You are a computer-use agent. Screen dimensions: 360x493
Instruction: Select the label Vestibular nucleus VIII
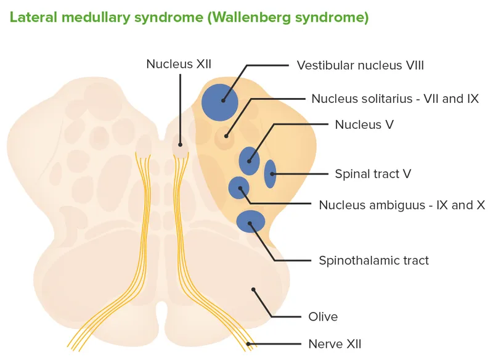click(x=360, y=65)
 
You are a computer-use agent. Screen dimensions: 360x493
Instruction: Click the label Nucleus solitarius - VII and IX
click(x=394, y=99)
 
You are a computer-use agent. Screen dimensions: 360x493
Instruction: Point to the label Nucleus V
click(x=364, y=125)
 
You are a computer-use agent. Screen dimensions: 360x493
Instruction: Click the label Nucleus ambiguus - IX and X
click(x=401, y=205)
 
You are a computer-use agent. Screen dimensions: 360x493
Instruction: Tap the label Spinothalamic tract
click(x=373, y=260)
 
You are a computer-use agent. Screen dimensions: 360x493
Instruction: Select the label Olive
click(x=323, y=317)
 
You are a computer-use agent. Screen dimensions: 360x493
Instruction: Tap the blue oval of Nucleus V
click(x=250, y=161)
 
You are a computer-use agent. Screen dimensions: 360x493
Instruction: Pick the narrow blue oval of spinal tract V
click(x=270, y=174)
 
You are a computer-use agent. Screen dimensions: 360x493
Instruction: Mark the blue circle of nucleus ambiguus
click(x=238, y=187)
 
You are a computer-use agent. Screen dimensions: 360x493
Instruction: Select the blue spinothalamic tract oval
click(x=251, y=221)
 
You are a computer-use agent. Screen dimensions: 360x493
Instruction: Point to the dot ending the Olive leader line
click(x=252, y=288)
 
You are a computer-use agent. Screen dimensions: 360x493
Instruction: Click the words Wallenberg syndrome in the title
click(x=288, y=17)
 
